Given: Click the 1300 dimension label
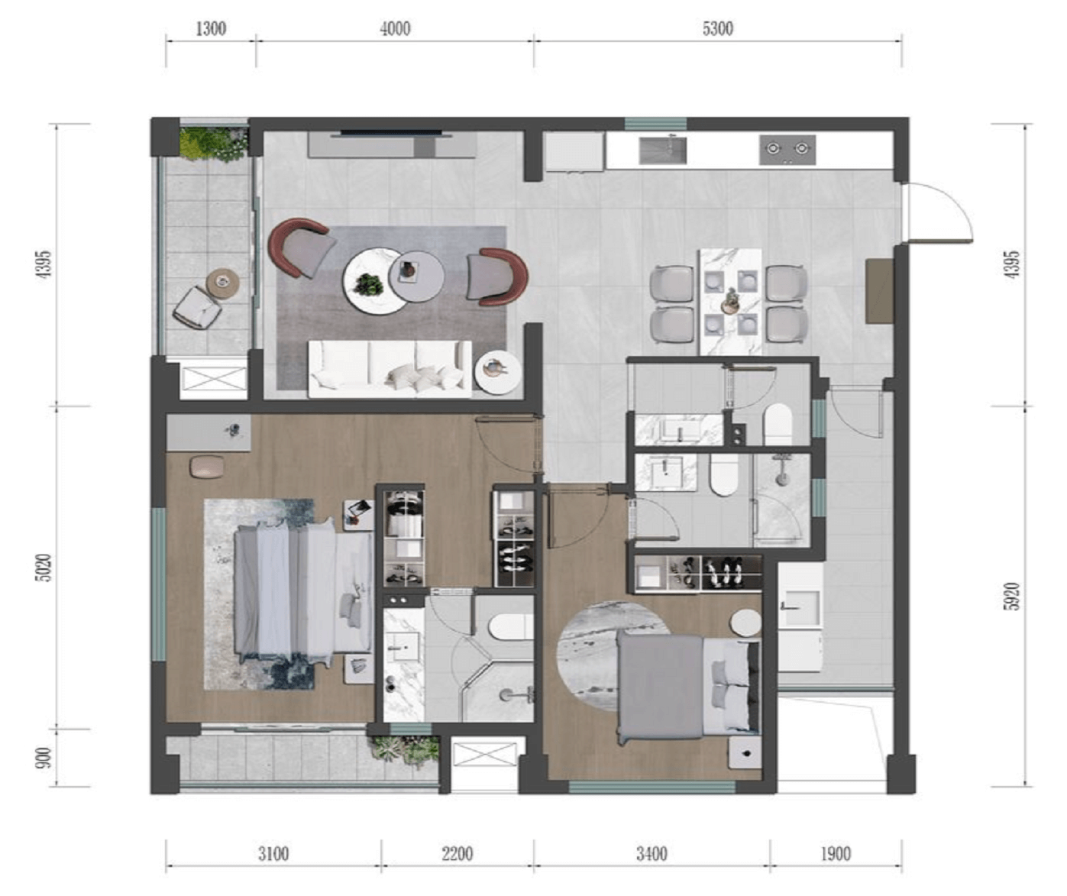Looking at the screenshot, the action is click(x=211, y=28).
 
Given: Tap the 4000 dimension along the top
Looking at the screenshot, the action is click(x=395, y=28).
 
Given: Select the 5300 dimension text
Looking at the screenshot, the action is click(x=717, y=28).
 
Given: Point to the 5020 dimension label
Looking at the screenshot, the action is click(x=45, y=568).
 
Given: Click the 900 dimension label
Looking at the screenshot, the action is click(x=45, y=759).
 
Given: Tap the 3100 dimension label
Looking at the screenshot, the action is click(x=273, y=853).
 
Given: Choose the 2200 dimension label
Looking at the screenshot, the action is click(x=457, y=853).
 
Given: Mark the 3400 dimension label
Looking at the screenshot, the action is click(x=652, y=853).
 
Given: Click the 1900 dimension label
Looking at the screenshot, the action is click(x=836, y=853).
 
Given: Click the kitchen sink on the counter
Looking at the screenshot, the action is click(x=663, y=149).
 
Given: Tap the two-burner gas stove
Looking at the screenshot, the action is click(x=787, y=149).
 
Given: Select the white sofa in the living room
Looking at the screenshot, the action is click(x=390, y=369).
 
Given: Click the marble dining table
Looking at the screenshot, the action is click(x=730, y=302).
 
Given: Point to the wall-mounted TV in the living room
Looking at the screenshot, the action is click(x=393, y=134).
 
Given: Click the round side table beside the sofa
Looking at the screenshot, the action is click(x=498, y=372).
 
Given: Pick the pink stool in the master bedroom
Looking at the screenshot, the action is click(x=207, y=467).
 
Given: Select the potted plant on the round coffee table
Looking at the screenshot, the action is click(x=370, y=284).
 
